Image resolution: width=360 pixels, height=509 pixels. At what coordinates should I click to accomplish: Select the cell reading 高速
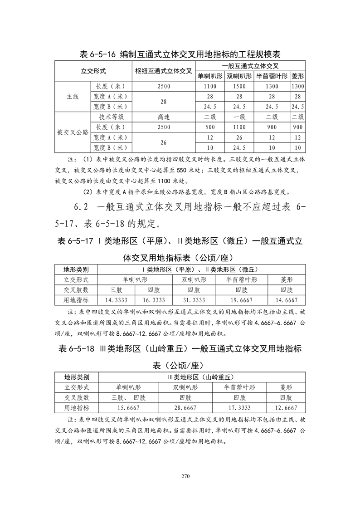(164, 117)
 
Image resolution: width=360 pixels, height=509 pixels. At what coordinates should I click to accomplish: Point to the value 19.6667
(241, 300)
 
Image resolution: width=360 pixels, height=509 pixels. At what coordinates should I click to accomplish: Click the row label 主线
(73, 97)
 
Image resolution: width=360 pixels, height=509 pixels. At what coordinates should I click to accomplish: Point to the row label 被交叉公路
(73, 132)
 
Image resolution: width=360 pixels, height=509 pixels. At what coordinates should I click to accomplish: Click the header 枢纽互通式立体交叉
(164, 71)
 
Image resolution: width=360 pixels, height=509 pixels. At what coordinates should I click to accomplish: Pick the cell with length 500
(209, 127)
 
